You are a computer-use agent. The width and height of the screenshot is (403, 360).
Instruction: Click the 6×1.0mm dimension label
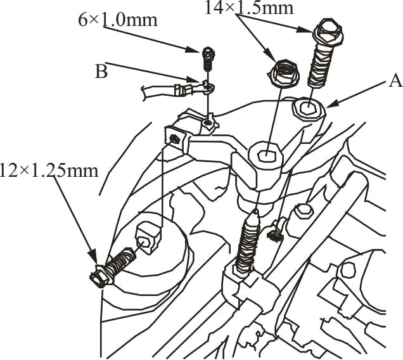click(118, 20)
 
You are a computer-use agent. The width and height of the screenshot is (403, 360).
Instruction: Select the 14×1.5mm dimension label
click(249, 8)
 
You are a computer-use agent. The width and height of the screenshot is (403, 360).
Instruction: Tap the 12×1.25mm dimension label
click(49, 170)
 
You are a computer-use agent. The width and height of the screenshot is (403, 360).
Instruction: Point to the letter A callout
click(395, 80)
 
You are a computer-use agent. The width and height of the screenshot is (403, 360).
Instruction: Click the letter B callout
click(101, 71)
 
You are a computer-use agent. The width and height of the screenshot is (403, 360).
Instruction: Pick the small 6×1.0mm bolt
click(208, 59)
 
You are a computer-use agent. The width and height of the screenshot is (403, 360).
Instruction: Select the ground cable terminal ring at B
click(208, 87)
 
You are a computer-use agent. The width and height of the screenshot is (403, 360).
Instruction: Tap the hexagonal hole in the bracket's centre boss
click(266, 155)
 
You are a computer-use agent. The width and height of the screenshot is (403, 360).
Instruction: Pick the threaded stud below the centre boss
click(247, 243)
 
